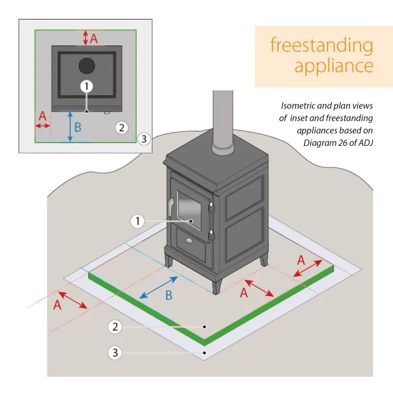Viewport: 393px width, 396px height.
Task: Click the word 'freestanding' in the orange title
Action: tap(321, 45)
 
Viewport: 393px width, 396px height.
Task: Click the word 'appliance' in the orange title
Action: tap(333, 66)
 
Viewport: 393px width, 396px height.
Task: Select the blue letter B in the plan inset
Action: tap(78, 127)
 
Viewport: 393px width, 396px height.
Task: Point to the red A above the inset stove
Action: tap(94, 38)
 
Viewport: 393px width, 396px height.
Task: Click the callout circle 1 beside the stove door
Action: tap(138, 221)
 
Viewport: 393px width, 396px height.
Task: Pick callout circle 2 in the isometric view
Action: tap(115, 326)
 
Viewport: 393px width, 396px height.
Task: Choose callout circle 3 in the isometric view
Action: tap(115, 353)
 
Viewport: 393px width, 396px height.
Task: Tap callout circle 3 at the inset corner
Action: tap(144, 139)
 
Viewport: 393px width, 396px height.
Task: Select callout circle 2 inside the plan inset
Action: tap(122, 127)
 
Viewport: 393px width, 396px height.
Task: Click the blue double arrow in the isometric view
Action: tap(159, 287)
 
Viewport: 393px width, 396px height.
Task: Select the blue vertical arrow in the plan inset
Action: tap(70, 126)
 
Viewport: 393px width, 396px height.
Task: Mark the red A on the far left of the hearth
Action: tap(57, 305)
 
